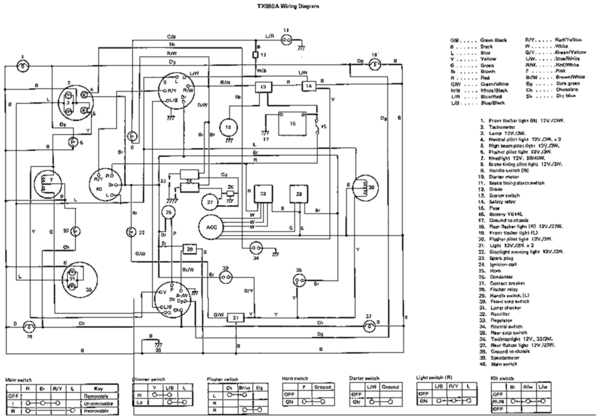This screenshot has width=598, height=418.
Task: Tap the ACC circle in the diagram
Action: (x=211, y=227)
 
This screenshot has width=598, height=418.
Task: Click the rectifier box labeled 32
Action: (x=264, y=194)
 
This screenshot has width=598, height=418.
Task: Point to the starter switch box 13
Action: (x=264, y=87)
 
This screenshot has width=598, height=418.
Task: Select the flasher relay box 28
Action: (x=189, y=249)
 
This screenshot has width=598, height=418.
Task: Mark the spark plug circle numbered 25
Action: (x=169, y=212)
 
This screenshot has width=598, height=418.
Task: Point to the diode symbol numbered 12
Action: (x=256, y=54)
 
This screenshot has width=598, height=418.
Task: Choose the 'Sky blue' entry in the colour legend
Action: (x=566, y=96)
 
